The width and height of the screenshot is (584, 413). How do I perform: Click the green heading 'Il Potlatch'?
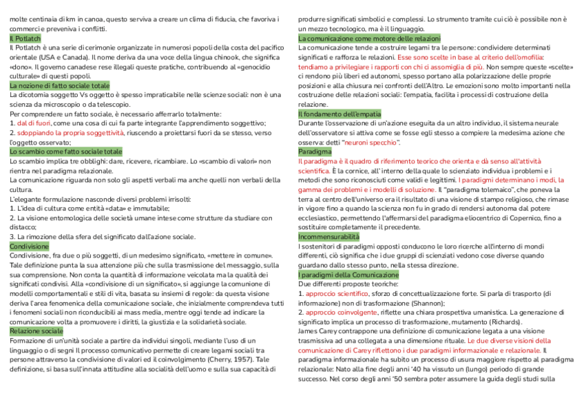[x=26, y=39]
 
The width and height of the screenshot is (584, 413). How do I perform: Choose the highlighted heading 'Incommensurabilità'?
[x=328, y=236]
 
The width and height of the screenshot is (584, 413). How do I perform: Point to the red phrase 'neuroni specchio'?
[x=371, y=141]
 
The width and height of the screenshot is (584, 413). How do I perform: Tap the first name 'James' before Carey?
[x=309, y=331]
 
